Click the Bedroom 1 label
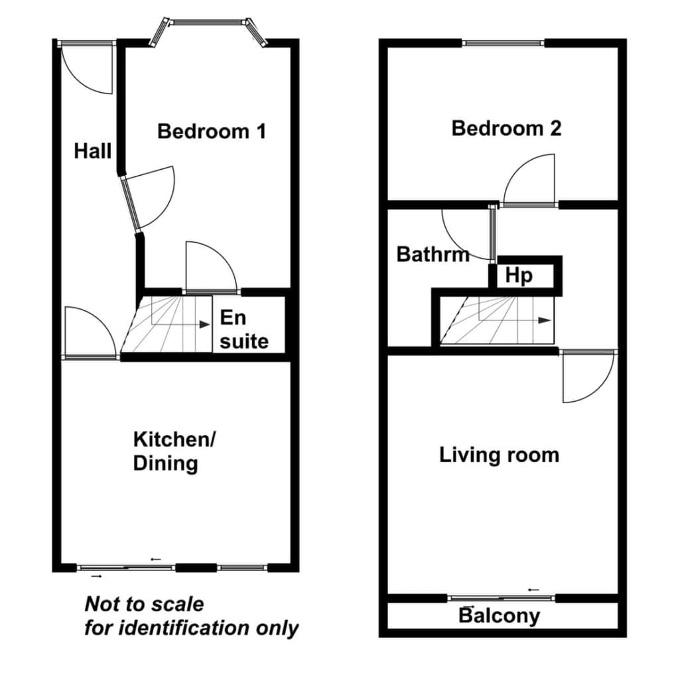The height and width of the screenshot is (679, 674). tap(212, 132)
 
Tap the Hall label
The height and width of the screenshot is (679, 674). tap(93, 151)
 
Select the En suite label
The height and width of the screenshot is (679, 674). tap(244, 330)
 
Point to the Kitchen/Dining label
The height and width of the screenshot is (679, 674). tap(174, 451)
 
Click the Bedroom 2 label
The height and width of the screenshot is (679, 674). tap(506, 129)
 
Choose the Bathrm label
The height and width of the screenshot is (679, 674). tap(433, 254)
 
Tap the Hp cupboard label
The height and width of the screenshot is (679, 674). tap(519, 275)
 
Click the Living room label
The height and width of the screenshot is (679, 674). tap(499, 455)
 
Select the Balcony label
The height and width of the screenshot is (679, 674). tap(499, 616)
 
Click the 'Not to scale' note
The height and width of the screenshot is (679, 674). tap(144, 604)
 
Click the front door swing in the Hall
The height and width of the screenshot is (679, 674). tap(88, 68)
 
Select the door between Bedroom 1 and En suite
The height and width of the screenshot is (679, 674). tap(212, 267)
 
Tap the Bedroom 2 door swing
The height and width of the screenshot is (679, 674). tap(529, 179)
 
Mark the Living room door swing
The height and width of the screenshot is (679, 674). tap(588, 377)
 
